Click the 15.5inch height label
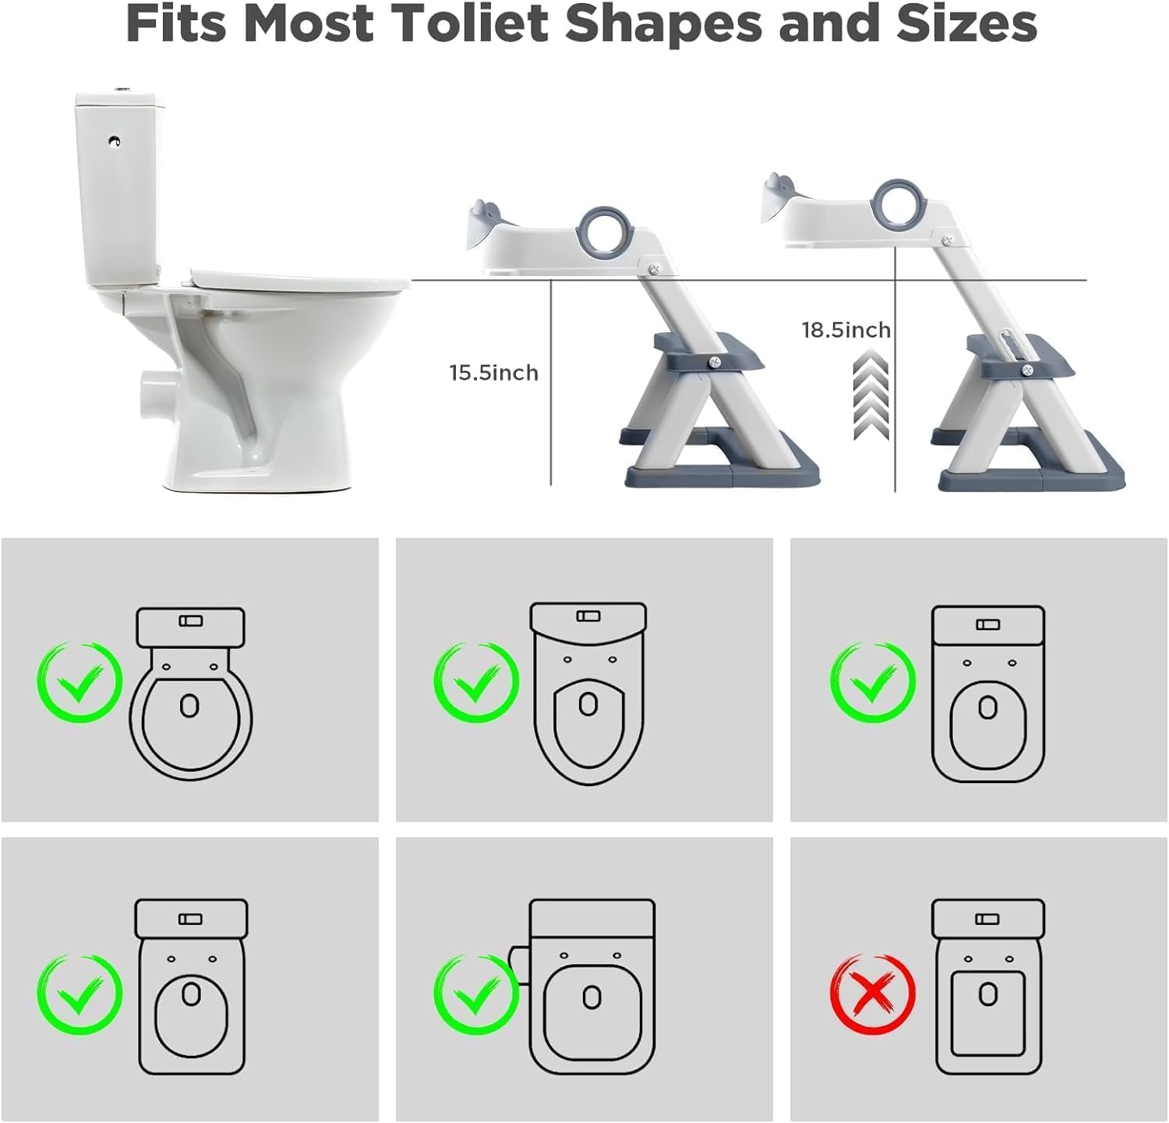tap(493, 373)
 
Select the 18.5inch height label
tap(846, 330)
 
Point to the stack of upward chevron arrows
tap(871, 395)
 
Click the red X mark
tap(872, 995)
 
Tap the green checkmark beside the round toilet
tap(79, 682)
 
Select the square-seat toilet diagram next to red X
tap(988, 988)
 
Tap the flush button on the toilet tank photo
tap(115, 141)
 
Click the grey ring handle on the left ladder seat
tap(605, 233)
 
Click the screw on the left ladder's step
tap(713, 362)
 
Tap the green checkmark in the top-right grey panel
tap(872, 682)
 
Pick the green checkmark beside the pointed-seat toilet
tap(475, 682)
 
